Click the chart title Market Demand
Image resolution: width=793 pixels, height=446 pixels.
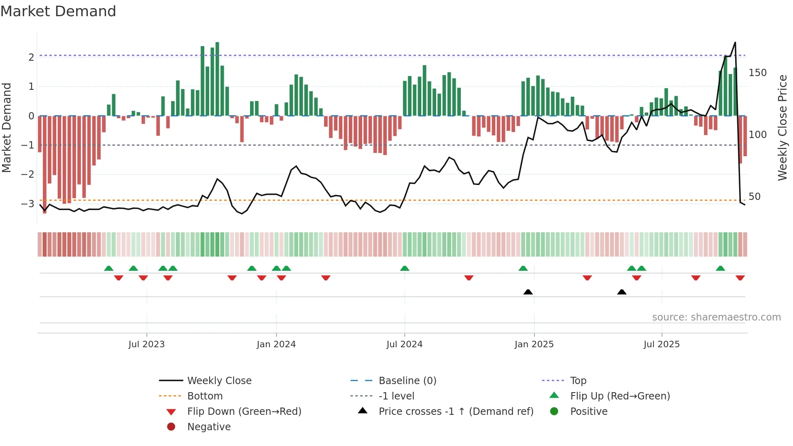tap(58, 11)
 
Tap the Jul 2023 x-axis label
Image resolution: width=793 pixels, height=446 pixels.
tap(146, 344)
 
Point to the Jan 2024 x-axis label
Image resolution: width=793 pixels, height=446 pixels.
tap(276, 344)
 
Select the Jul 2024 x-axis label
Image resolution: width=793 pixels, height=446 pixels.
tap(404, 344)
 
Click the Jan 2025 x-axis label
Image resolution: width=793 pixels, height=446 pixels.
tap(534, 344)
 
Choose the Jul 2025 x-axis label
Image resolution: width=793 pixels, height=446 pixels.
tap(662, 344)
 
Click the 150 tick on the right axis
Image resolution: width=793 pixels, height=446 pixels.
tap(757, 73)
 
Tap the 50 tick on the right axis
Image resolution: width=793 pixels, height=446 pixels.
tap(755, 197)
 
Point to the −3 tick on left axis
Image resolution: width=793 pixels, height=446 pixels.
tap(28, 204)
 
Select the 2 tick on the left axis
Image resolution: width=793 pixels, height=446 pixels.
tap(31, 57)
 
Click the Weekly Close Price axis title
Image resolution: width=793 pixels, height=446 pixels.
tap(782, 127)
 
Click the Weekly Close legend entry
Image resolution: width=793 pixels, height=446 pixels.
tap(219, 381)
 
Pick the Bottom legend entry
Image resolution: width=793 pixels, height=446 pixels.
tap(205, 396)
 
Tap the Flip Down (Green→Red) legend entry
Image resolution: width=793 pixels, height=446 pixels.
tap(244, 412)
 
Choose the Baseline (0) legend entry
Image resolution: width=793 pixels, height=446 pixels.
tap(407, 381)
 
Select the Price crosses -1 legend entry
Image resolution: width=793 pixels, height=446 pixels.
tap(456, 412)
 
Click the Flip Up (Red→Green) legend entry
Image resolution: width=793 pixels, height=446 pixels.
tap(620, 396)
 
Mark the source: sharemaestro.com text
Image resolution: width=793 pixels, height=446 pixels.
tap(716, 317)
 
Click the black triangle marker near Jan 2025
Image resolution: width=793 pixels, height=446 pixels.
tap(528, 292)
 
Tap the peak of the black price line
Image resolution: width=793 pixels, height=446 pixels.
tap(735, 42)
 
